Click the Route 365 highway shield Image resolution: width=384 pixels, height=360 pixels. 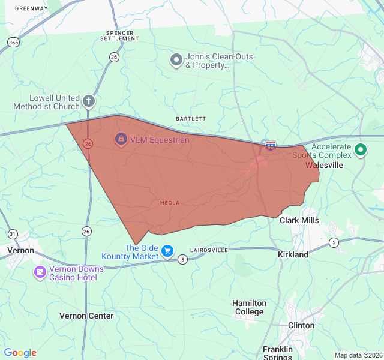coord(13,42)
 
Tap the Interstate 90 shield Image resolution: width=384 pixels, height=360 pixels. coord(271,146)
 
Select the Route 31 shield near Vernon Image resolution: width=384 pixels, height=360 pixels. coord(13,233)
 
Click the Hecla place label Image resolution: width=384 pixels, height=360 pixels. coord(170,203)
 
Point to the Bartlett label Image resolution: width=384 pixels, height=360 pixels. coord(191,119)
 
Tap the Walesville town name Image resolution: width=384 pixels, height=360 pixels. coord(324,164)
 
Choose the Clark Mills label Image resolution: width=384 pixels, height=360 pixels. coord(299,220)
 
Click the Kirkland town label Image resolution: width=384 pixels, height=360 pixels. coord(293,254)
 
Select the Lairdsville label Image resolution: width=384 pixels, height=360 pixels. coord(209,250)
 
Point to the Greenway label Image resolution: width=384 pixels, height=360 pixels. coord(31,8)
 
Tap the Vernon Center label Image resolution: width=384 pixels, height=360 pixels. coord(86,316)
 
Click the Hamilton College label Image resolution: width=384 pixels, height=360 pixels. coord(249,307)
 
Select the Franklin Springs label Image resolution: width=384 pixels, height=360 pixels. coord(278,353)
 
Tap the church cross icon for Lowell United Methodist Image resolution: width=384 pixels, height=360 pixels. coord(88,101)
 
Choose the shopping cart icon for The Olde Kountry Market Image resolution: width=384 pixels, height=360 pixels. coord(168,251)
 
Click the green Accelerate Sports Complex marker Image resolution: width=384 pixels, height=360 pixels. coord(361,150)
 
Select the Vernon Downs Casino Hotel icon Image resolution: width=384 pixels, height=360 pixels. coord(40,272)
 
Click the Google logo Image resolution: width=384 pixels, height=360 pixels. coord(20,353)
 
